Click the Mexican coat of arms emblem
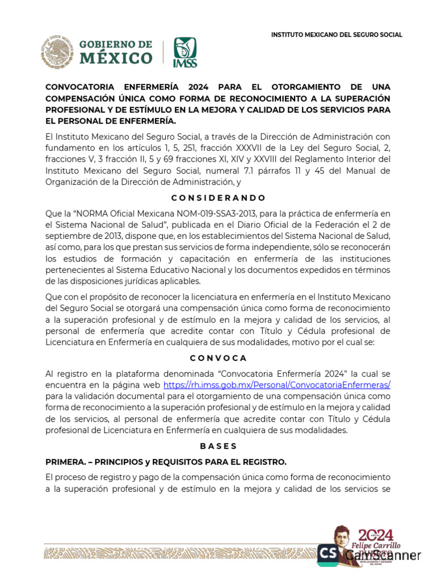56,53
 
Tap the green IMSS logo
185,53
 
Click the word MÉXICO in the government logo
116,58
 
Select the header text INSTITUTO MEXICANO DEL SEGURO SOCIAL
337,35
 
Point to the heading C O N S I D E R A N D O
218,198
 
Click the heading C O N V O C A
218,358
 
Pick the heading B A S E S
218,446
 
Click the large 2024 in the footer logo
375,534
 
